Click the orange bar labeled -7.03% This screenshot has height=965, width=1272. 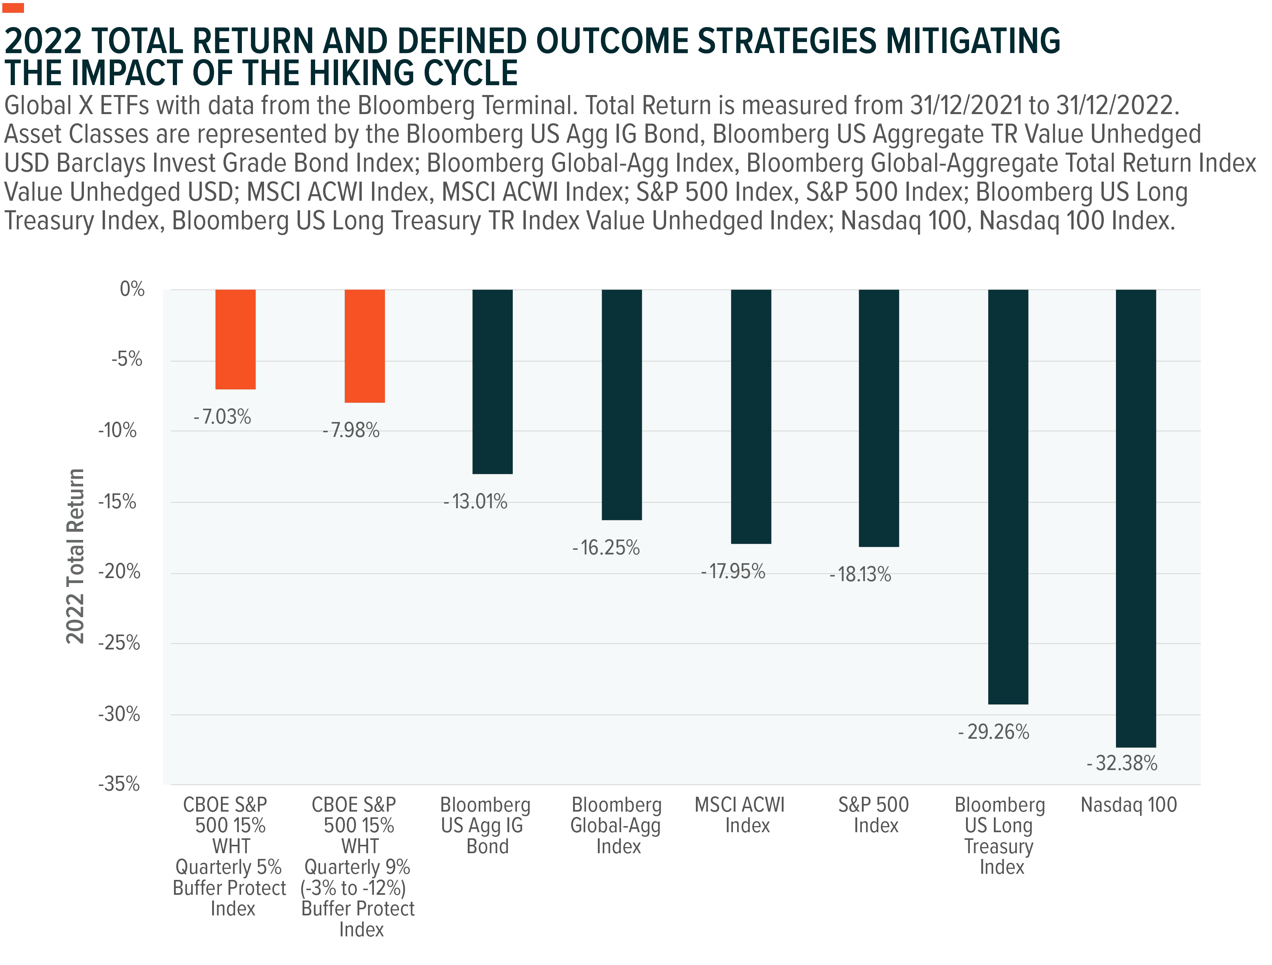(x=235, y=339)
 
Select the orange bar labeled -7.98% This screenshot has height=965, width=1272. (x=365, y=346)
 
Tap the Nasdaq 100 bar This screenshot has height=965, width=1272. (x=1136, y=517)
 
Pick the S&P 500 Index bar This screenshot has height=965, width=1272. (x=879, y=418)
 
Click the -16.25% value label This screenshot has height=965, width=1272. (x=606, y=548)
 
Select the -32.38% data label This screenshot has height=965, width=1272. (x=1122, y=763)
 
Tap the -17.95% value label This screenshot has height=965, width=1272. (x=733, y=572)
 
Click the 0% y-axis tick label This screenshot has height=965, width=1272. (x=132, y=289)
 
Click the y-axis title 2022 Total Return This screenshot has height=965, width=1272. (x=75, y=556)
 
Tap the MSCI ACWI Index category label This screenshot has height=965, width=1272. (x=740, y=815)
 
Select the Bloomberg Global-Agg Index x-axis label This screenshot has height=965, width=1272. (x=617, y=825)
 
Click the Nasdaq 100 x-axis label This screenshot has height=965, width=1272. (x=1128, y=805)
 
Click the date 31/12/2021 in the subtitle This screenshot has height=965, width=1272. (x=966, y=106)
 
